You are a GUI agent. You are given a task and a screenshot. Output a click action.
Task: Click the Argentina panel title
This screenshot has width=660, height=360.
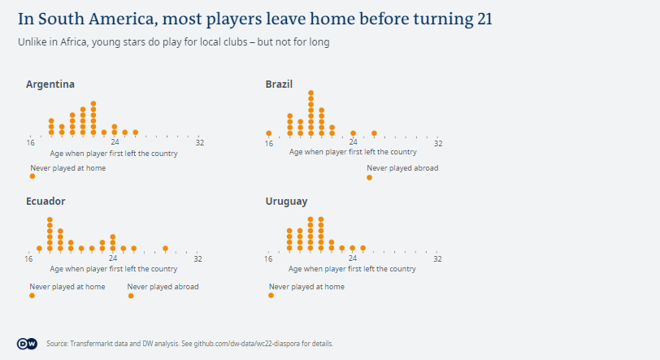pos(50,84)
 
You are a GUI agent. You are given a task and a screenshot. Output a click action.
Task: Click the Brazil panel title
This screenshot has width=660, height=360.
pos(279,84)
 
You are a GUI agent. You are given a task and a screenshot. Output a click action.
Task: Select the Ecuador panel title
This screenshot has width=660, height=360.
pos(46,201)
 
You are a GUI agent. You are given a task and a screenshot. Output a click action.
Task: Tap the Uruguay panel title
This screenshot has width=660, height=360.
pos(286,201)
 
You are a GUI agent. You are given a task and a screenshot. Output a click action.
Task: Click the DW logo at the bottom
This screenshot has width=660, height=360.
pos(27,344)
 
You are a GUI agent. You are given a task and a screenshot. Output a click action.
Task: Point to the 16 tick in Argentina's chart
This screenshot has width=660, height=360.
pos(30,143)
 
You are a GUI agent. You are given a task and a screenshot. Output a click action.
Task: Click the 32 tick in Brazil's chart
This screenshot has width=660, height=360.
pos(437,143)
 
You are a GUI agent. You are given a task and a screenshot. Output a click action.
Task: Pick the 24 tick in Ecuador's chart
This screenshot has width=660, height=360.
pos(113,259)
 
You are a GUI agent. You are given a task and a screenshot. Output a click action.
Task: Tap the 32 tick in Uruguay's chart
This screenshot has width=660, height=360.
pos(437,259)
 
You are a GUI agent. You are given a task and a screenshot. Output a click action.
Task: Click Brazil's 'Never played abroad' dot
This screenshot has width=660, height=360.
pos(370,177)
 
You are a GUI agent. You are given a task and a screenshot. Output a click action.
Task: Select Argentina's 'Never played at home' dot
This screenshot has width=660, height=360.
pos(33,176)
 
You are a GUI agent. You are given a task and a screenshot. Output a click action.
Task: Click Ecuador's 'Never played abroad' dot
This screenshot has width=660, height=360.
pos(131,296)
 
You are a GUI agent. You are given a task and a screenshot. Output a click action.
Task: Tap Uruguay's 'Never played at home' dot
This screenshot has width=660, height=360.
pos(271,296)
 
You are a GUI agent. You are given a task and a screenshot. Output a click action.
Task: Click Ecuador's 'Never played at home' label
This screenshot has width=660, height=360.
pos(67,286)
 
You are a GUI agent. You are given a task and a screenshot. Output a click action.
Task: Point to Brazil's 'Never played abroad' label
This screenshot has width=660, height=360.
pos(402,168)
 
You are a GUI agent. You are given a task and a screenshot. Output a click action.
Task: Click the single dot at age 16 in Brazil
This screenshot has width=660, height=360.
pos(269,132)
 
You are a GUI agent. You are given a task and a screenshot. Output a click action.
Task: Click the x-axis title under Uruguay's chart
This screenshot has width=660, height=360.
pos(353,268)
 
